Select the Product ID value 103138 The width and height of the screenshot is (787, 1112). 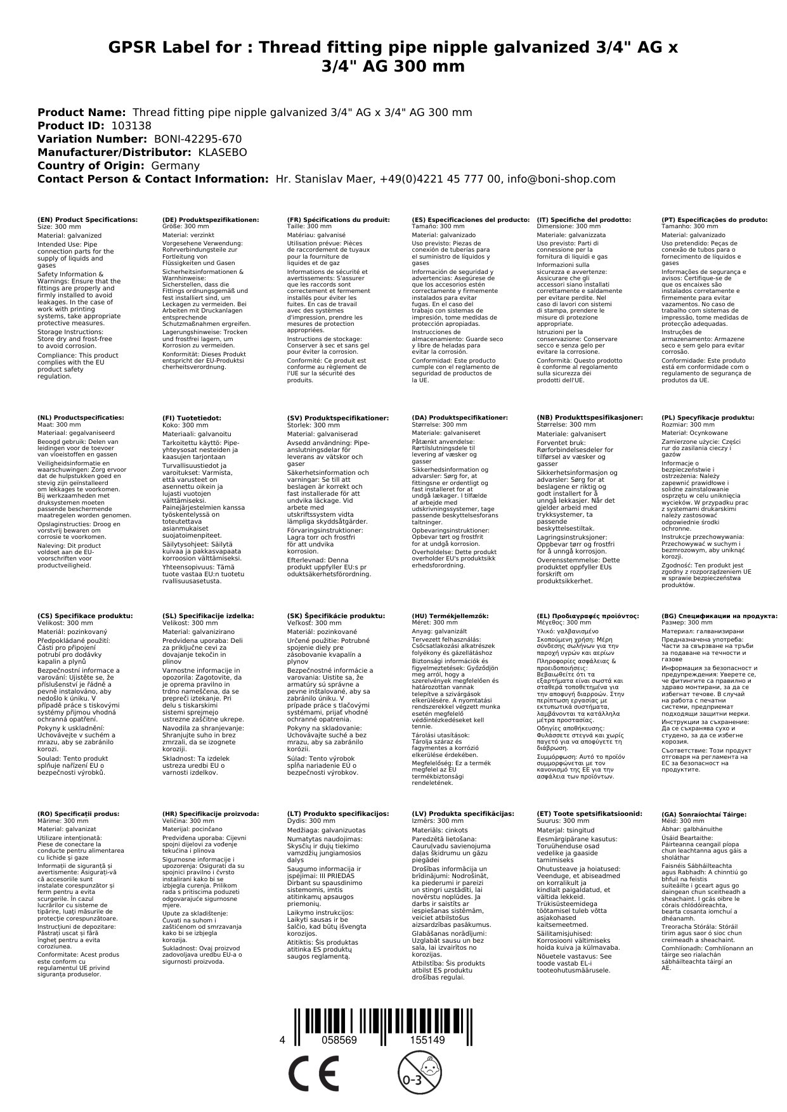[131, 126]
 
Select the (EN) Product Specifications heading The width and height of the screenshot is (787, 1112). [88, 219]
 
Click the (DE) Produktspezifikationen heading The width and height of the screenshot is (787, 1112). [211, 219]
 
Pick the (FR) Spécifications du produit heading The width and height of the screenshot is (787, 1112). [338, 219]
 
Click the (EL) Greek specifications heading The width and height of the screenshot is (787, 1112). [587, 616]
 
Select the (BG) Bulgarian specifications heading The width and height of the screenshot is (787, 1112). [719, 616]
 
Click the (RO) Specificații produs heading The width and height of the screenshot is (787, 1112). [79, 813]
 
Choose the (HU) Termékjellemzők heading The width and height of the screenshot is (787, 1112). [450, 616]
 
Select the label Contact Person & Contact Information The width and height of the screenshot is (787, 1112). [153, 179]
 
